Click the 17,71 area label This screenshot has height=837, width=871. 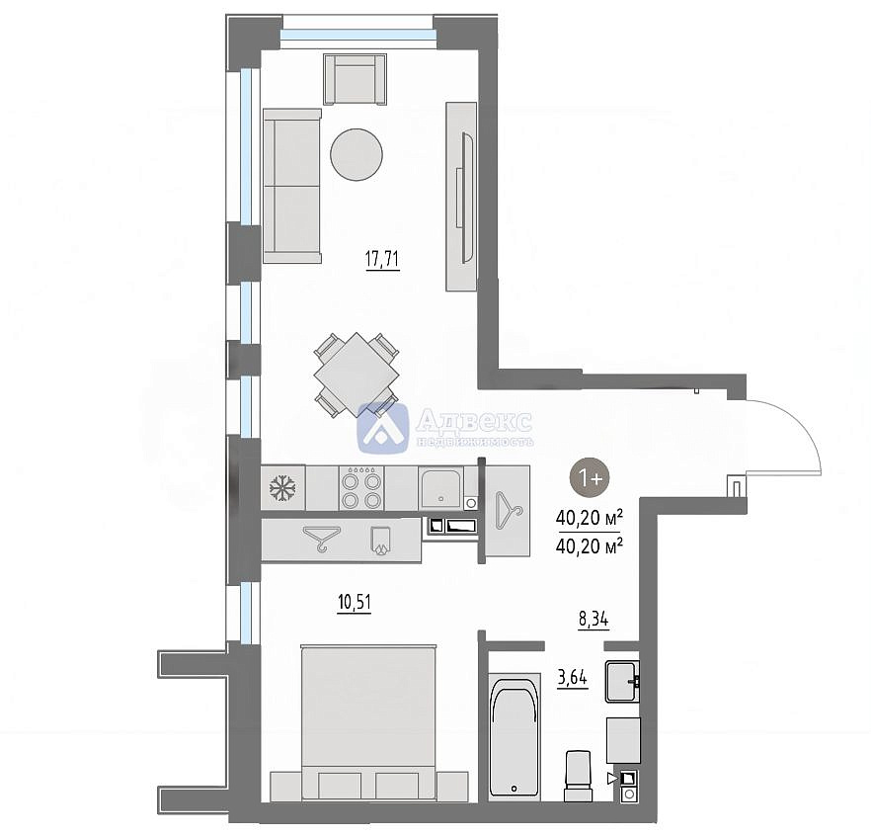pos(382,259)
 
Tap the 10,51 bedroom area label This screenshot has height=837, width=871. pos(354,602)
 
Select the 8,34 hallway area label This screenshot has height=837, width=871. pos(594,619)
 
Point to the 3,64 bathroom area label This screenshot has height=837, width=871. pos(572,678)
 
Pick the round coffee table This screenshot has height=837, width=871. pos(356,154)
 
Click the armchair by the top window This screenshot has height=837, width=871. pos(355,79)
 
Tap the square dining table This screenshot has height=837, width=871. pos(356,375)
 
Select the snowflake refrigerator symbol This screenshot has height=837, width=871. pos(282,488)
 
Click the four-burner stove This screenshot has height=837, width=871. pos(361,488)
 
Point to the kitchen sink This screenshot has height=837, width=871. pos(442,487)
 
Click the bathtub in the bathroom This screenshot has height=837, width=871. pos(515,736)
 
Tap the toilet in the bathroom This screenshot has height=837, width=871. pos(579,776)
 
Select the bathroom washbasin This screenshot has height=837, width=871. pos(622,682)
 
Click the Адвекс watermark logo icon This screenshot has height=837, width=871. pos(383,427)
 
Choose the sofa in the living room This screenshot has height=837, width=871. pos(292,186)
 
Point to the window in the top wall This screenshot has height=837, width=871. pos(357,35)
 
